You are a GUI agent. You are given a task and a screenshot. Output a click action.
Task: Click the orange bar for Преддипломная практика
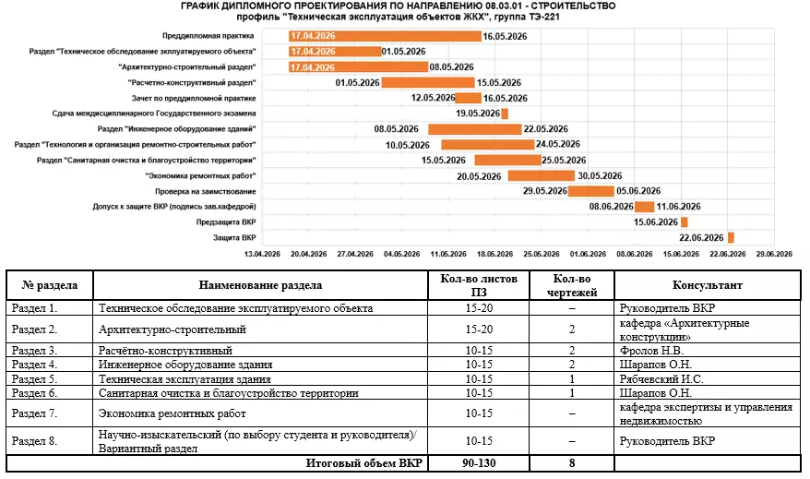coord(384,36)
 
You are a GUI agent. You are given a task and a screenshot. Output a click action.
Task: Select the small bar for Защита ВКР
coord(731,237)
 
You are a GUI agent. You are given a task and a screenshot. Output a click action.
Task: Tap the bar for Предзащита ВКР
coord(685,222)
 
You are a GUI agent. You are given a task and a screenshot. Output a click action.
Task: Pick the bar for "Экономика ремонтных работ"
coord(541,175)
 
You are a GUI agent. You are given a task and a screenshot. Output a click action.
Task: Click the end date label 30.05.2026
coord(600,175)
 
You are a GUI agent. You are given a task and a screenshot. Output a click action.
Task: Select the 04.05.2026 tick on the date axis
coord(402,253)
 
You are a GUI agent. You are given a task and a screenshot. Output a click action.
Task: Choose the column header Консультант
coord(708,285)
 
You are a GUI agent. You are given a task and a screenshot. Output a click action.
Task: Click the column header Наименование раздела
coord(261,285)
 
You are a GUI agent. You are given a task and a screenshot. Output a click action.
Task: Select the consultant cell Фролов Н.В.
coord(649,351)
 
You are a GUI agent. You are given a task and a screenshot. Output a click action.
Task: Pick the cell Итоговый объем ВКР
coord(361,462)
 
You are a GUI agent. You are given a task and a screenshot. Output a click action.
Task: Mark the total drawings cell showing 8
coord(572,462)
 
